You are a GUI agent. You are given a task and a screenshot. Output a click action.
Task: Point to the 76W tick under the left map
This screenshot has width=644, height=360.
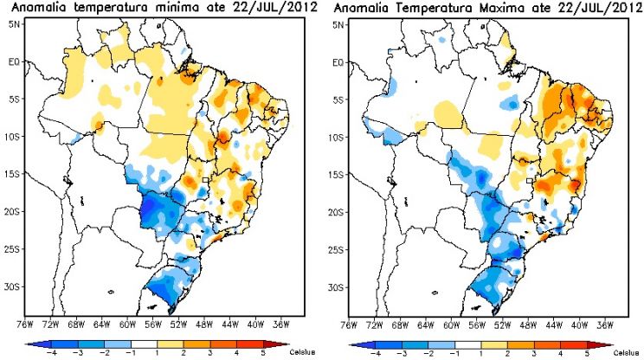coord(25,325)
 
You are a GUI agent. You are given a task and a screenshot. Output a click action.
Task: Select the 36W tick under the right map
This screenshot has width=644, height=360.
coord(605,325)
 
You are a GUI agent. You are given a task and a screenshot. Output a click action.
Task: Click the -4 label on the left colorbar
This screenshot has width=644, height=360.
coord(49,352)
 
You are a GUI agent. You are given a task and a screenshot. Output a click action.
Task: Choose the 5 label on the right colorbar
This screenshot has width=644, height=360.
coord(587,353)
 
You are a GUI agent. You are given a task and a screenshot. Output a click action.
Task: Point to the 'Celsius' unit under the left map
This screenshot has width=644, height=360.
coord(302,352)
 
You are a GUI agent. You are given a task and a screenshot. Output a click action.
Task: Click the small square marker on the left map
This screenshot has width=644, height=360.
coord(205,180)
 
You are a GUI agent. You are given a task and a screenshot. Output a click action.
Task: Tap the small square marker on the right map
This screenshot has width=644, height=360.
coord(530,181)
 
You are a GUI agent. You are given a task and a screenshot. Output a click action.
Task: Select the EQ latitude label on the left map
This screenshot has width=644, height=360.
coord(14,61)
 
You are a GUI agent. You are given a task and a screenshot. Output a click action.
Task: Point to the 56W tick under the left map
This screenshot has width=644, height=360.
coord(153,325)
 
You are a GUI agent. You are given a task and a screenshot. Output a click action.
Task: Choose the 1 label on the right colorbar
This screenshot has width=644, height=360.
coord(481,353)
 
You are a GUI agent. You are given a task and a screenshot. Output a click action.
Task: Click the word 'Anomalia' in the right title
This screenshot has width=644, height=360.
coord(361,8)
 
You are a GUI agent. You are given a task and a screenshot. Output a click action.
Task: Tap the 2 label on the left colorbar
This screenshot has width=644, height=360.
coord(184,352)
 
